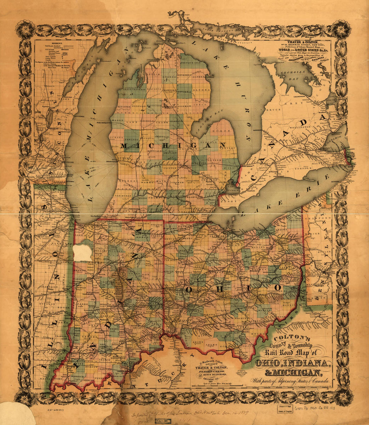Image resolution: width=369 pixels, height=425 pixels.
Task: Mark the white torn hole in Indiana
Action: click(x=83, y=253)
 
